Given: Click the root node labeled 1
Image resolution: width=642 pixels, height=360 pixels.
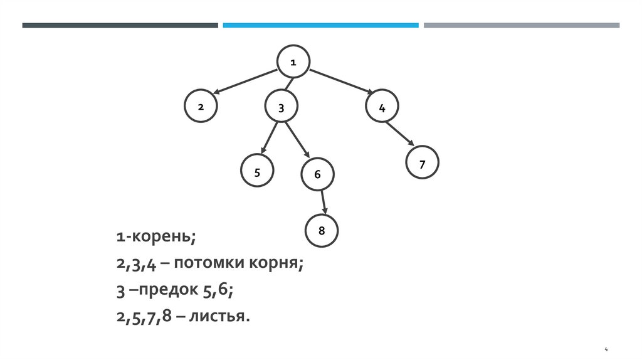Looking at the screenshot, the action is point(293,61).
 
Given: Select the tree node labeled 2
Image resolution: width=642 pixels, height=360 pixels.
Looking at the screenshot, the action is point(201,107).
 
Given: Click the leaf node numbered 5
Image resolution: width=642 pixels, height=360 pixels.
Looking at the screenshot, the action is point(257,172).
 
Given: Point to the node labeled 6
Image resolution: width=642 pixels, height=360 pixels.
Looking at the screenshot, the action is point(317,174).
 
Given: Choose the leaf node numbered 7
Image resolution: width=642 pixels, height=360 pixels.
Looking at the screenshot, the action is point(422,164).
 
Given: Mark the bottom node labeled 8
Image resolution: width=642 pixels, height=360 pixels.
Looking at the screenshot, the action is point(322,230).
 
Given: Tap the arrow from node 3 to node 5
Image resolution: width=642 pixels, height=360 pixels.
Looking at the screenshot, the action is point(270,139).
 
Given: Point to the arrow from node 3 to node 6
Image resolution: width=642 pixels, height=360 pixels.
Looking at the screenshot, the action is point(298,140).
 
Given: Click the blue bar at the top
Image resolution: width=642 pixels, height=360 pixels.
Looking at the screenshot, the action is point(320,26).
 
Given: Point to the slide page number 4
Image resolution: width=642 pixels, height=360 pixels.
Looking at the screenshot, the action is point(606,348).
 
